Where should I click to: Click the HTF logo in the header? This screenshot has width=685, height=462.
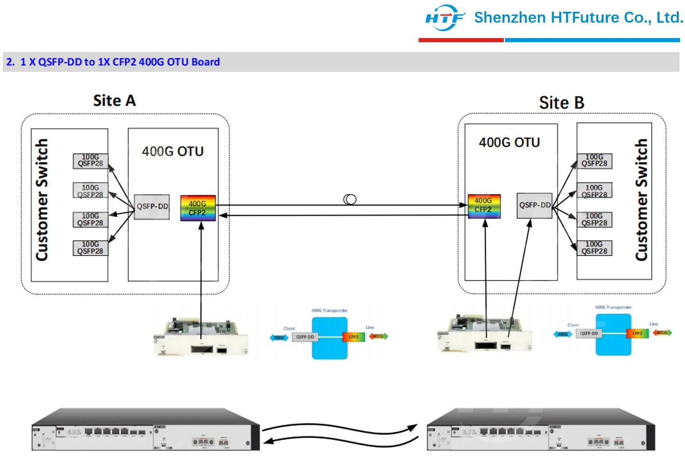[x=444, y=18]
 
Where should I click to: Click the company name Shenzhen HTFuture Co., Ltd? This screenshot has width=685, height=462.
[x=578, y=18]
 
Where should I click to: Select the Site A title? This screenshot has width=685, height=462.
[x=114, y=101]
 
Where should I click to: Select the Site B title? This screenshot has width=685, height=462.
[x=561, y=103]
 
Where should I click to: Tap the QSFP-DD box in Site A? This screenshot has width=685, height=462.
[x=152, y=207]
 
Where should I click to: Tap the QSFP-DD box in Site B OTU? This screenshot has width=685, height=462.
[x=535, y=205]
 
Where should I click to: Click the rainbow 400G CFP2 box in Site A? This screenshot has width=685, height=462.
[x=198, y=208]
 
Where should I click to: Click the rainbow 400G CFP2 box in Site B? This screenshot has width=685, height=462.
[x=484, y=206]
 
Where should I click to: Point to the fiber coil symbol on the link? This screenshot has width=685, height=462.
[x=350, y=199]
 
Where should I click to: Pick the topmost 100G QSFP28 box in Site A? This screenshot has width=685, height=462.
[x=91, y=161]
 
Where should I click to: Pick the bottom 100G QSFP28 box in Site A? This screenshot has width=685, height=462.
[x=91, y=248]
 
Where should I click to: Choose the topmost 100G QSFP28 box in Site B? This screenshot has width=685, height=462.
[x=594, y=161]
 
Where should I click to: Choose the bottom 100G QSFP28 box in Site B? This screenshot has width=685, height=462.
[x=594, y=248]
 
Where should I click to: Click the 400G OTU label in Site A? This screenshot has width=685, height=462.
[x=173, y=151]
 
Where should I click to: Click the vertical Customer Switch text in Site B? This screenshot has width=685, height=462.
[x=641, y=200]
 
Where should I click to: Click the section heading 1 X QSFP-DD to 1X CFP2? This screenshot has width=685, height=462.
[x=113, y=62]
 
